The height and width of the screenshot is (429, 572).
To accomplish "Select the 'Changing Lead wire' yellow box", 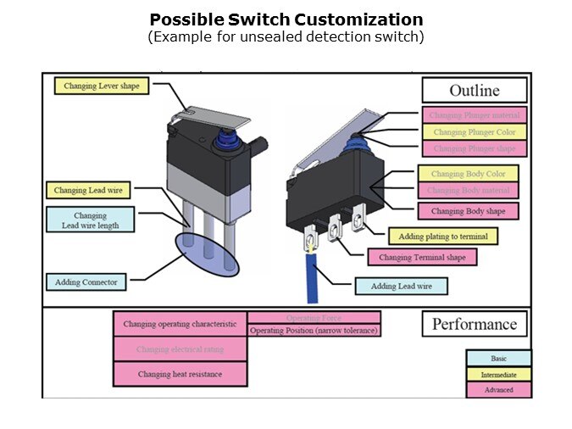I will [x=87, y=191].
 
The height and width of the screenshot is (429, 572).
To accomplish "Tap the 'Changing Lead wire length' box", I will [x=90, y=220].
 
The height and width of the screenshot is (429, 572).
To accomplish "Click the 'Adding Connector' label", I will [x=86, y=281].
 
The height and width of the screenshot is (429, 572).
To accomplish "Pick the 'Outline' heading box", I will [x=474, y=91].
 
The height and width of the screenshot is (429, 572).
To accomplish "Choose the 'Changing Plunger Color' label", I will [x=474, y=132].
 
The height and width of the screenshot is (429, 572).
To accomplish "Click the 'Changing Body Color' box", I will [x=468, y=175].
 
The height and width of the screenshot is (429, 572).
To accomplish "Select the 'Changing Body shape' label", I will [x=468, y=211].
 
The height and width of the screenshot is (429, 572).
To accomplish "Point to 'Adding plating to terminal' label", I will [x=442, y=236].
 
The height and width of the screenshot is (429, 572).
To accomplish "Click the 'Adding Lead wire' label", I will [x=401, y=287].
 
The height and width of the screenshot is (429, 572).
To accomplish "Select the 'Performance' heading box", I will [x=474, y=324].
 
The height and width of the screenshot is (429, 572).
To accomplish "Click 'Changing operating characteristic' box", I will [x=180, y=324].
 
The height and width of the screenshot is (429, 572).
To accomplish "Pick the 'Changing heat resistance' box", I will [x=180, y=374].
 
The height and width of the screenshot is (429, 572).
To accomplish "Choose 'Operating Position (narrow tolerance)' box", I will [x=314, y=331].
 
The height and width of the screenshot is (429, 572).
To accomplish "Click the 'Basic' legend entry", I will [x=498, y=359].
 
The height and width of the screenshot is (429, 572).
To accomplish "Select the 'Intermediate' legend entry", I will [x=498, y=374].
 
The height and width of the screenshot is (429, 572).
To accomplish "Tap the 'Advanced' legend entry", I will [x=498, y=390].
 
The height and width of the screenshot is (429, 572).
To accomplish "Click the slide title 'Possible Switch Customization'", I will [x=286, y=19].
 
